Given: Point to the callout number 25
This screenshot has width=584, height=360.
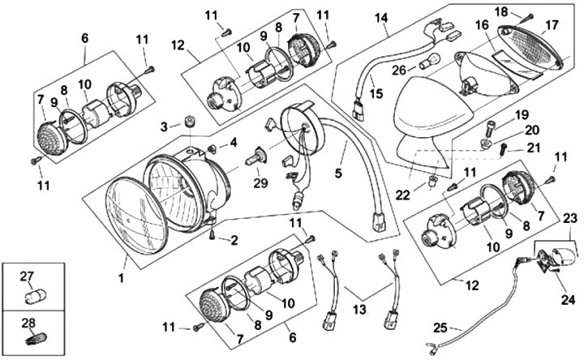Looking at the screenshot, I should click(440, 329).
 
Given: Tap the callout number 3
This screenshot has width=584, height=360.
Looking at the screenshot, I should click(165, 126).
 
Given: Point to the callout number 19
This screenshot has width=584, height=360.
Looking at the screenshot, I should click(520, 114).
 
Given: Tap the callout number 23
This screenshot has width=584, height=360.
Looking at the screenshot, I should click(568, 216).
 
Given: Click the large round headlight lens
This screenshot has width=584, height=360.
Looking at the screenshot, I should click(136, 215).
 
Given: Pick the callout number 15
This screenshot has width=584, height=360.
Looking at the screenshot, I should click(375, 93).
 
